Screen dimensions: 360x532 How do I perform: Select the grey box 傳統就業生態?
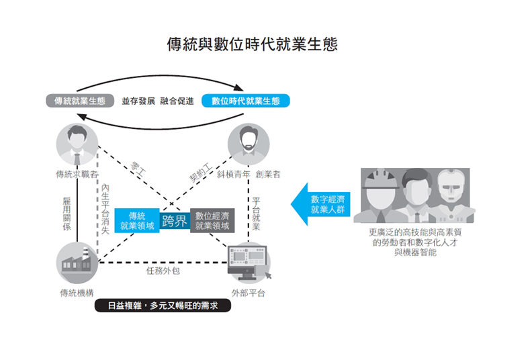pos(79,101)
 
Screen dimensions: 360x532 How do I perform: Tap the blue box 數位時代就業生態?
pos(245,101)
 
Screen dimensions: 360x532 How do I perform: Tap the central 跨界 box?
pos(175,221)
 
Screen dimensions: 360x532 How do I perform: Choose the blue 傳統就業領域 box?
pos(137,221)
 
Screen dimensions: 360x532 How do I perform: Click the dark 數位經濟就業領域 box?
pos(212,221)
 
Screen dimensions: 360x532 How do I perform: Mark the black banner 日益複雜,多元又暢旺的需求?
pos(161,306)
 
